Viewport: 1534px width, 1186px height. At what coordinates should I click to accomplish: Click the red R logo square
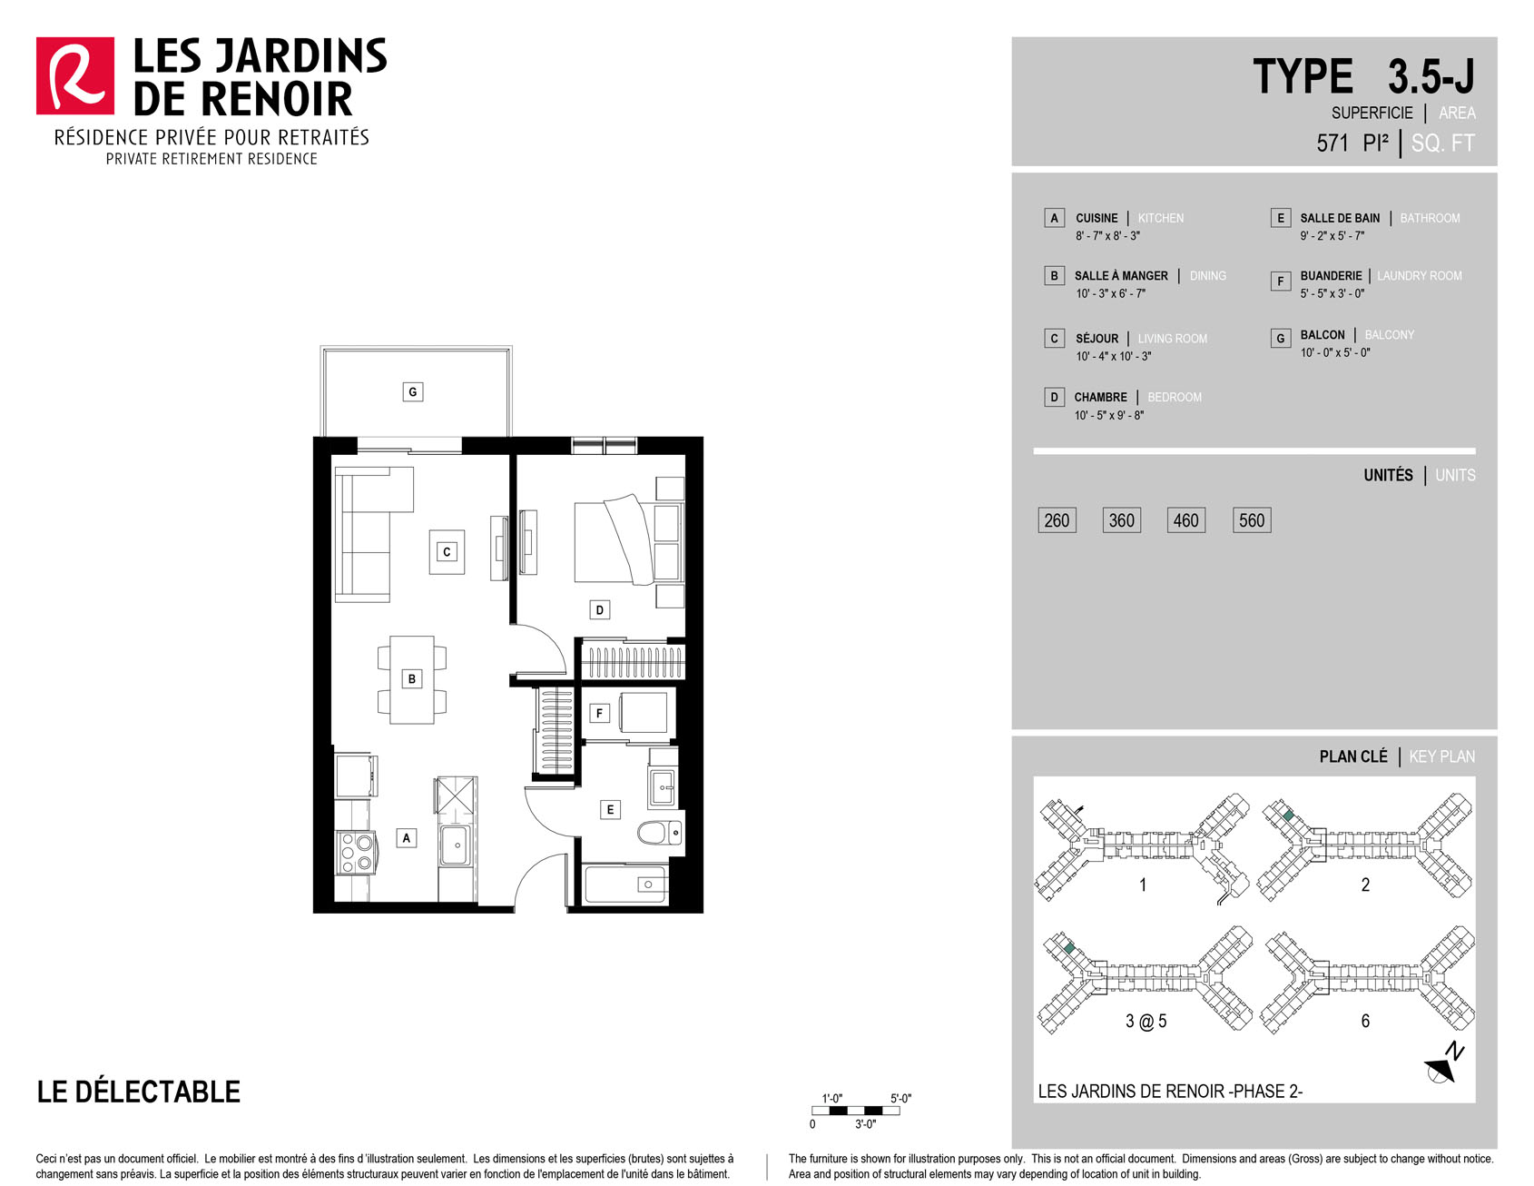click(75, 76)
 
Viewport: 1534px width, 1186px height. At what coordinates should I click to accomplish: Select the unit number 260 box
click(1057, 520)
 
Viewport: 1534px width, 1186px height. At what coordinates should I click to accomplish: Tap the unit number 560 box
click(1252, 520)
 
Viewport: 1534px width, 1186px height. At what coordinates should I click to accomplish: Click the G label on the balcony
click(413, 392)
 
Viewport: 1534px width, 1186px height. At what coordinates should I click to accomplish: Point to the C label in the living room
click(447, 552)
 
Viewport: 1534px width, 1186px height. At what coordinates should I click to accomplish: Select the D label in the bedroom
click(599, 610)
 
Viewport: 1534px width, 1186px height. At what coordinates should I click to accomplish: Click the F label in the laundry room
click(599, 714)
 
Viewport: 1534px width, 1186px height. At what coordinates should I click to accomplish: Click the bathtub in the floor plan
click(626, 885)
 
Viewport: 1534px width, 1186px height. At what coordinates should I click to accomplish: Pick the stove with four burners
click(356, 853)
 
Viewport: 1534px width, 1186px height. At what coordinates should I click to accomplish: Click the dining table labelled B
click(412, 679)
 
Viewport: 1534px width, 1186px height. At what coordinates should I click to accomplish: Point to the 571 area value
click(1332, 143)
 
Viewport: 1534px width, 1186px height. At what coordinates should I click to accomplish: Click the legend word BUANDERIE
click(1331, 276)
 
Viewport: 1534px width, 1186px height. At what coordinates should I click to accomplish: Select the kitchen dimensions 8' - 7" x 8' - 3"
click(1107, 236)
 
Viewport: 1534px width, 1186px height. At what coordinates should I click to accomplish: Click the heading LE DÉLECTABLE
click(139, 1092)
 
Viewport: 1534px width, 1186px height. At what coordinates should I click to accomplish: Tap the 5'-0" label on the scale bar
click(900, 1099)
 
